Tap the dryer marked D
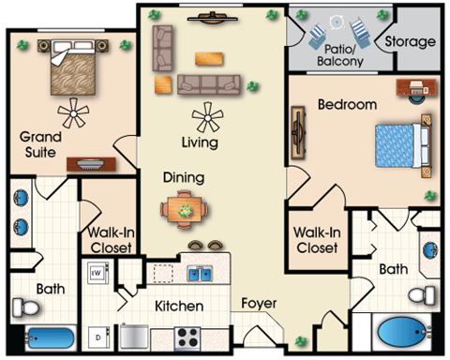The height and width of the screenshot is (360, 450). click(x=97, y=335)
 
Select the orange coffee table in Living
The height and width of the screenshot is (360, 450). click(x=209, y=53)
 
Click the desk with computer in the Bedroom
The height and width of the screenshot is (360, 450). click(x=416, y=86)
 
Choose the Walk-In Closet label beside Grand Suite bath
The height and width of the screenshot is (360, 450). click(x=111, y=240)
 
